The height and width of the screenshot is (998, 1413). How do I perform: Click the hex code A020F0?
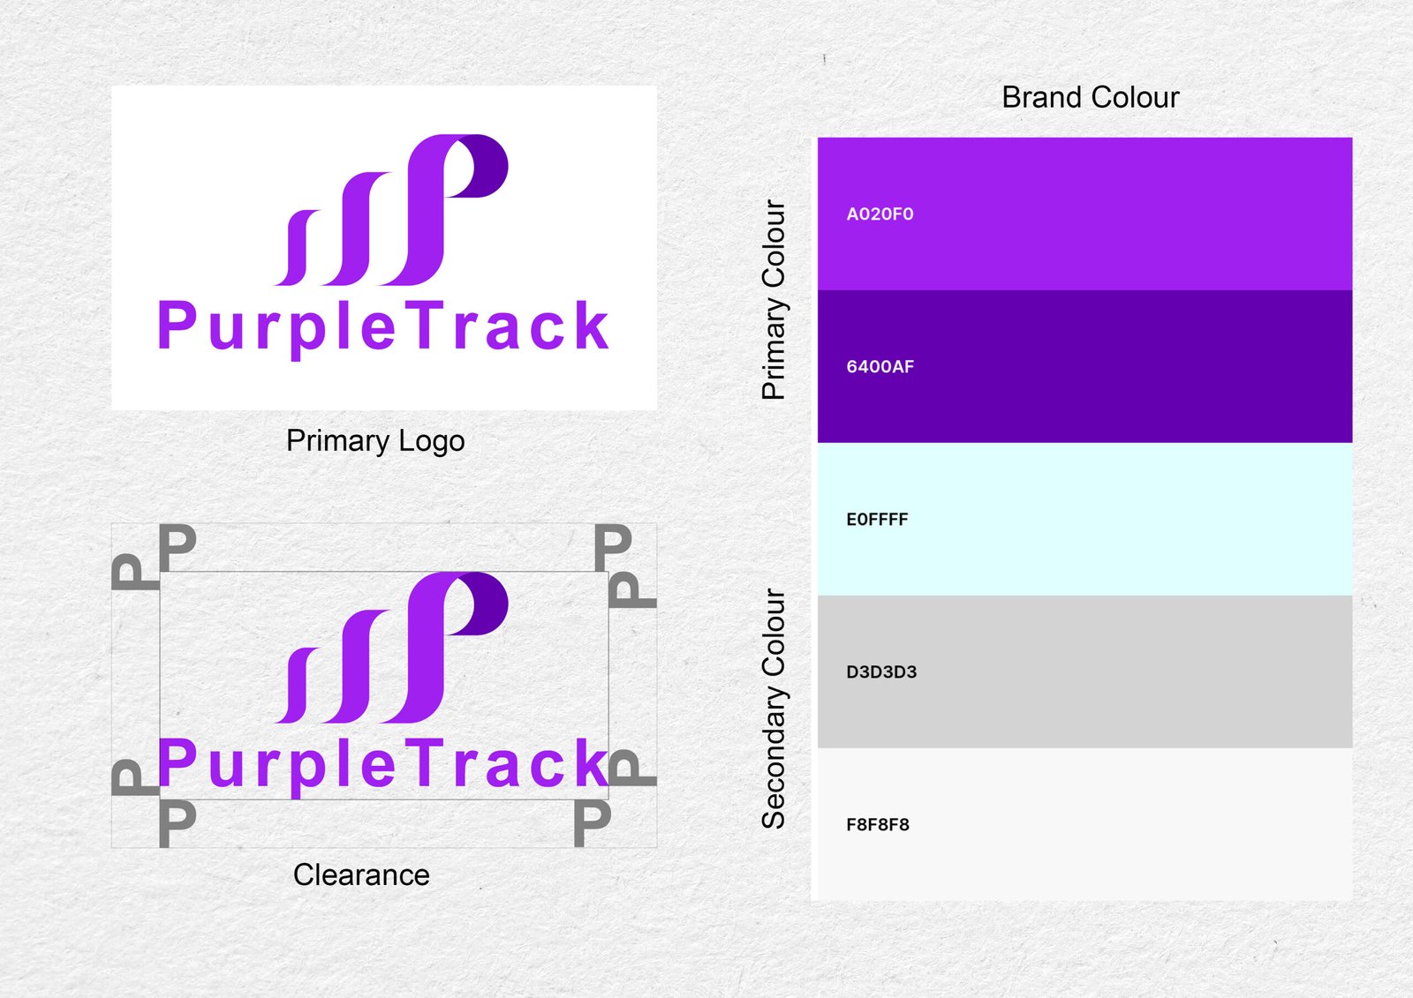pyautogui.click(x=880, y=214)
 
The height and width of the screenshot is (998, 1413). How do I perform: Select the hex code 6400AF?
pyautogui.click(x=880, y=367)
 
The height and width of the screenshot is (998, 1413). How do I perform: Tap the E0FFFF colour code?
pyautogui.click(x=877, y=520)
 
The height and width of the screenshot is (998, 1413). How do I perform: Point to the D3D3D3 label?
pyautogui.click(x=881, y=672)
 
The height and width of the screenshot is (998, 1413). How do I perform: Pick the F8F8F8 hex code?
pyautogui.click(x=878, y=825)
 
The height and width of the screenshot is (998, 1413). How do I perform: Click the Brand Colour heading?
pyautogui.click(x=1090, y=98)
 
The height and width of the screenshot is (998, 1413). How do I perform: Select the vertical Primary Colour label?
pyautogui.click(x=774, y=299)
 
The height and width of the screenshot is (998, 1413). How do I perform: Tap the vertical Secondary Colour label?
pyautogui.click(x=774, y=709)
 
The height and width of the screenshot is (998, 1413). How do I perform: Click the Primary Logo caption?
pyautogui.click(x=375, y=441)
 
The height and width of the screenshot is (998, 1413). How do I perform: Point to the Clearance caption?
pyautogui.click(x=361, y=875)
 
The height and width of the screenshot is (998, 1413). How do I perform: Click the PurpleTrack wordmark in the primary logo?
pyautogui.click(x=383, y=328)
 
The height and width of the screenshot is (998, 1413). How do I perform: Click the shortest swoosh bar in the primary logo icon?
pyautogui.click(x=297, y=248)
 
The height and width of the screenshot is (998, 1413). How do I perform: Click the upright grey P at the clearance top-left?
pyautogui.click(x=177, y=547)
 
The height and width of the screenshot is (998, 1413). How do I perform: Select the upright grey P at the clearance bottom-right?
pyautogui.click(x=592, y=823)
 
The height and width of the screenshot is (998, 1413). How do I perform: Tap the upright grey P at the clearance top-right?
pyautogui.click(x=613, y=547)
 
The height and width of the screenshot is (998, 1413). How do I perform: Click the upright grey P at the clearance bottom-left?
pyautogui.click(x=177, y=823)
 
